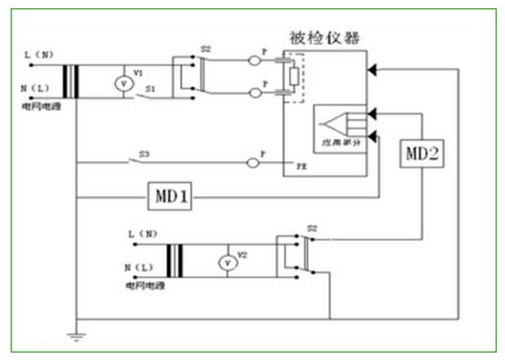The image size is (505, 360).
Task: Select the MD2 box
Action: click(x=422, y=153)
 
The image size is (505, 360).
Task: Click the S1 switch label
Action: click(x=151, y=87)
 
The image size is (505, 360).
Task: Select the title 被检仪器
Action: click(x=326, y=38)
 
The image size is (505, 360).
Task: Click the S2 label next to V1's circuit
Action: click(x=206, y=50)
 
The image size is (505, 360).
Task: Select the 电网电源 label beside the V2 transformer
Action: click(x=146, y=287)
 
